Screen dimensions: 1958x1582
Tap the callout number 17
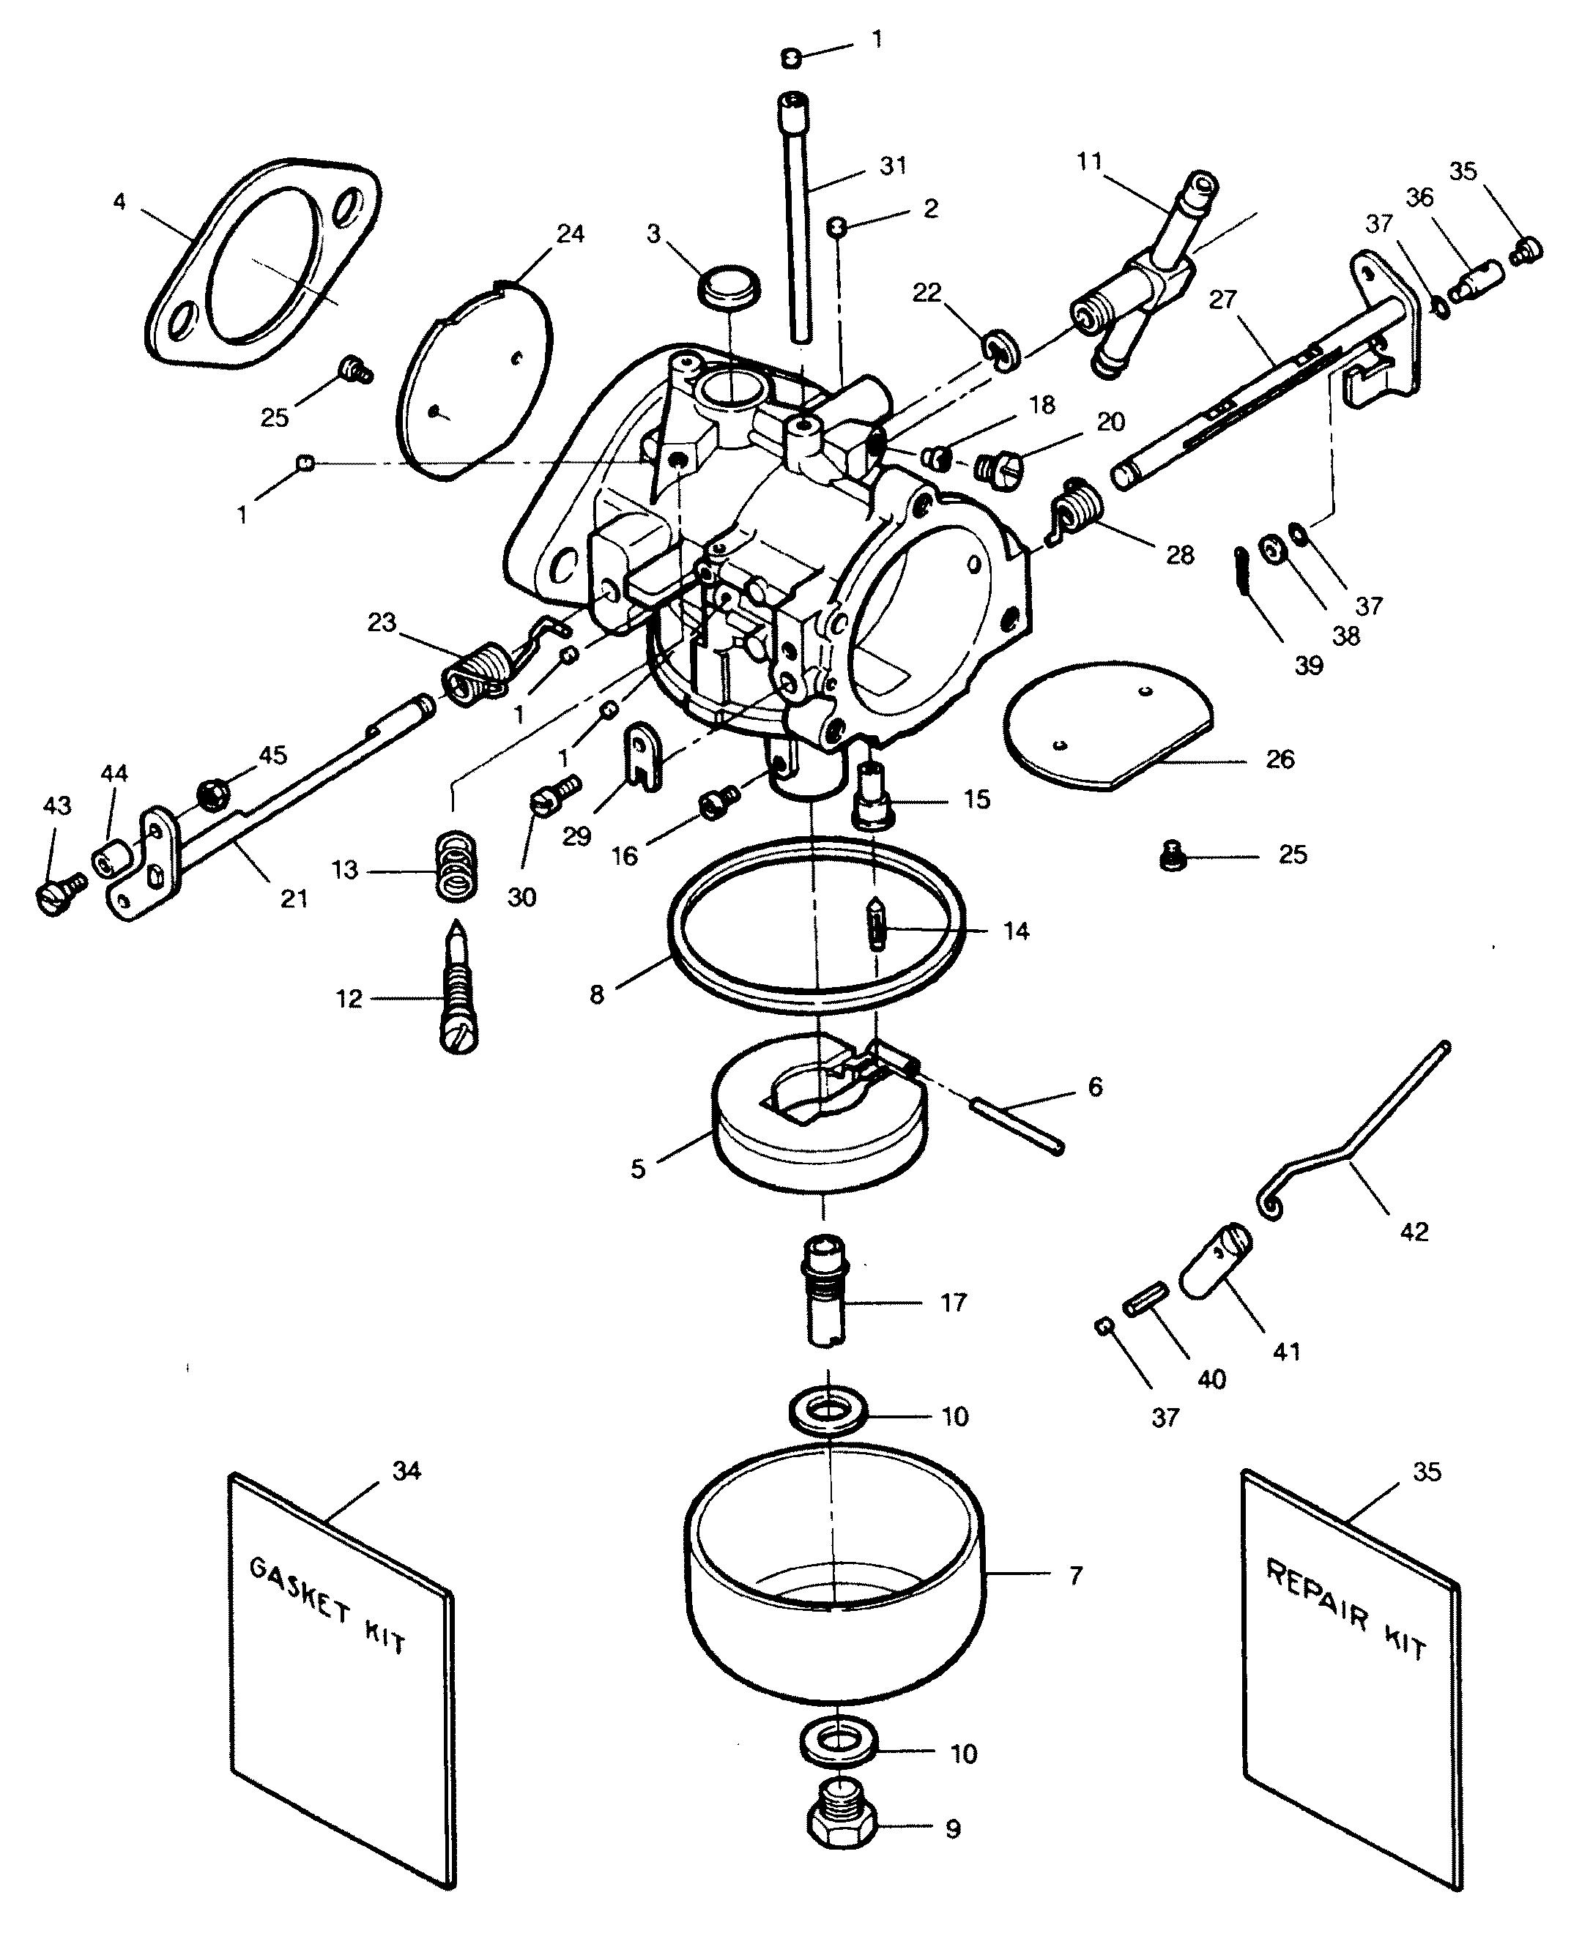click(x=953, y=1303)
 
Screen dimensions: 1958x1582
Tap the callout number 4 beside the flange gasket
click(x=120, y=201)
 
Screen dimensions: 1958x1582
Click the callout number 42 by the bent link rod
click(x=1414, y=1232)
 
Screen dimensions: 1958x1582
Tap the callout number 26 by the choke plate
click(x=1280, y=759)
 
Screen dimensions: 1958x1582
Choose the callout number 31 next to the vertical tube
click(x=893, y=165)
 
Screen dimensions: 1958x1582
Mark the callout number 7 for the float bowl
click(x=1075, y=1575)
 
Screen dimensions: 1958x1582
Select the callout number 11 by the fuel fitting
click(x=1089, y=162)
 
